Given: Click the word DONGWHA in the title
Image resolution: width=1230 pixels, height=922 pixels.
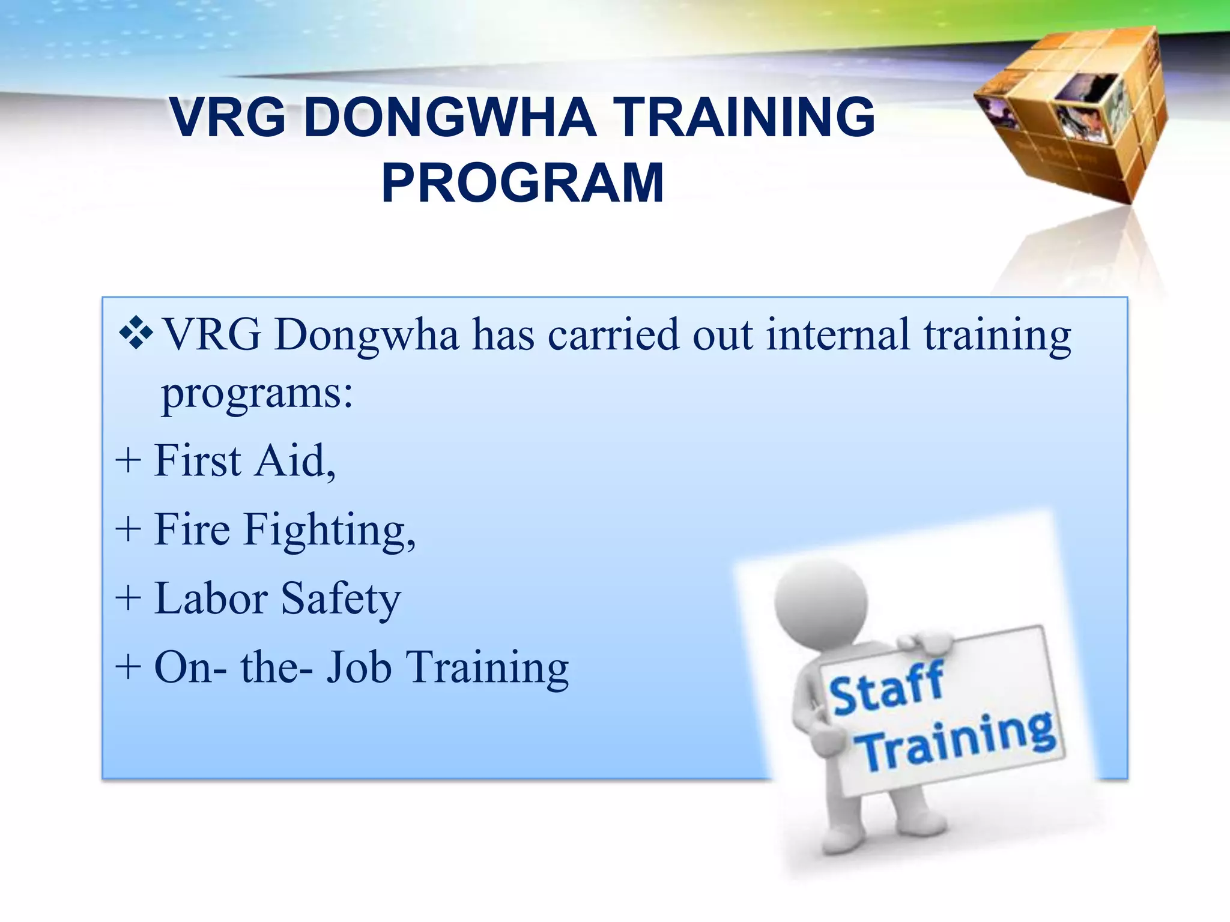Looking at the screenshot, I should [450, 117].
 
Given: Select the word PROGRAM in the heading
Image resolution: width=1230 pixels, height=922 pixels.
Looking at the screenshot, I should [523, 183].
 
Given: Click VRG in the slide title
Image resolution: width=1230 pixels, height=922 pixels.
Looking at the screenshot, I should [228, 117].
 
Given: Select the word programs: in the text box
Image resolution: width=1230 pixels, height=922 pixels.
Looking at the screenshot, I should [257, 395].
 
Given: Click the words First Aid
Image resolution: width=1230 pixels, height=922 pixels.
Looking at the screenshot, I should [244, 461].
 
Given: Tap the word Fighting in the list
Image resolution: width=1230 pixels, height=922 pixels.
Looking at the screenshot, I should [329, 531].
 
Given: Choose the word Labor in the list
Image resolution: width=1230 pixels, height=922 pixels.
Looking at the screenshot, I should [211, 598].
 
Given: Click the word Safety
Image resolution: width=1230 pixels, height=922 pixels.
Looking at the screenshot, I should [341, 600].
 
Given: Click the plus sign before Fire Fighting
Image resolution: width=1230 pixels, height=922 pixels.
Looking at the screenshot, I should [128, 530].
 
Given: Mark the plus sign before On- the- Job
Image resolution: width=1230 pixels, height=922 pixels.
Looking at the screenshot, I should [128, 667].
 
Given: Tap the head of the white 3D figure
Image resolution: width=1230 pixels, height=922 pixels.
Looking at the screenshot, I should [820, 602].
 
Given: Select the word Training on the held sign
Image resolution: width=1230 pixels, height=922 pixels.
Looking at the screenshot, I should [956, 742].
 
